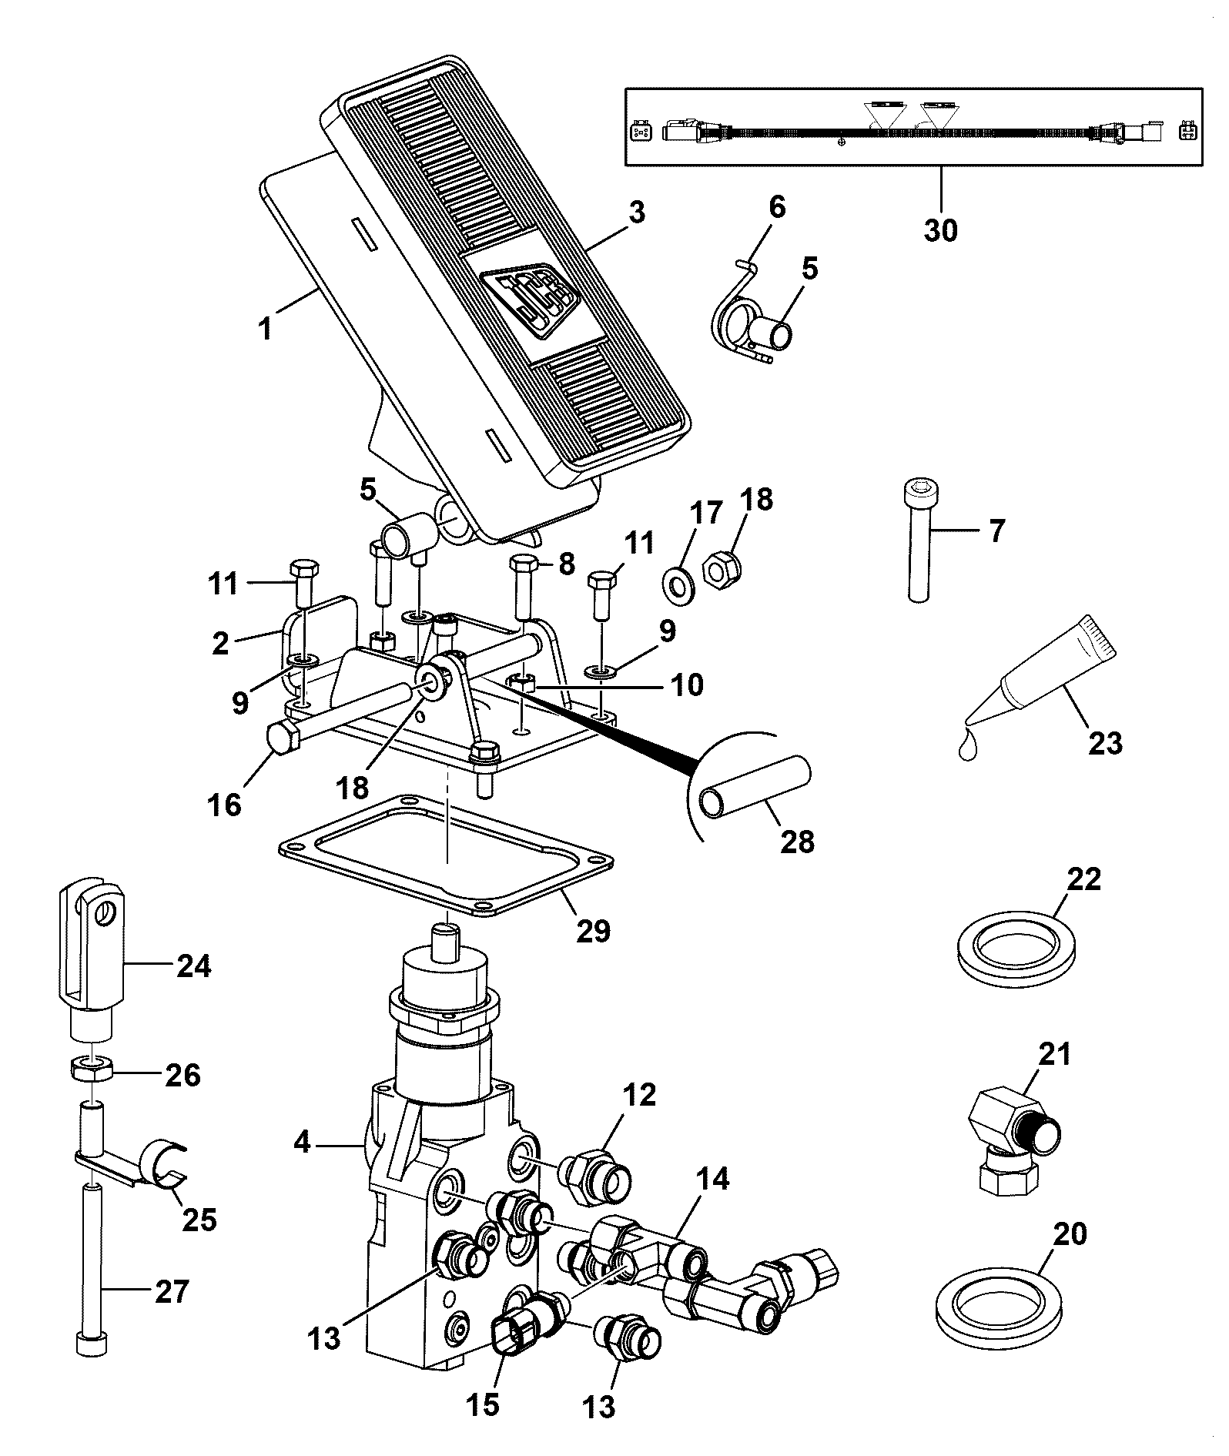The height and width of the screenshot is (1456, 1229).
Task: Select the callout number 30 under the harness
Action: click(x=940, y=229)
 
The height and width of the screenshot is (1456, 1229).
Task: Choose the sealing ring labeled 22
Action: click(x=1018, y=948)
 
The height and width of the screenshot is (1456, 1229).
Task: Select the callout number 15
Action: click(x=482, y=1404)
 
